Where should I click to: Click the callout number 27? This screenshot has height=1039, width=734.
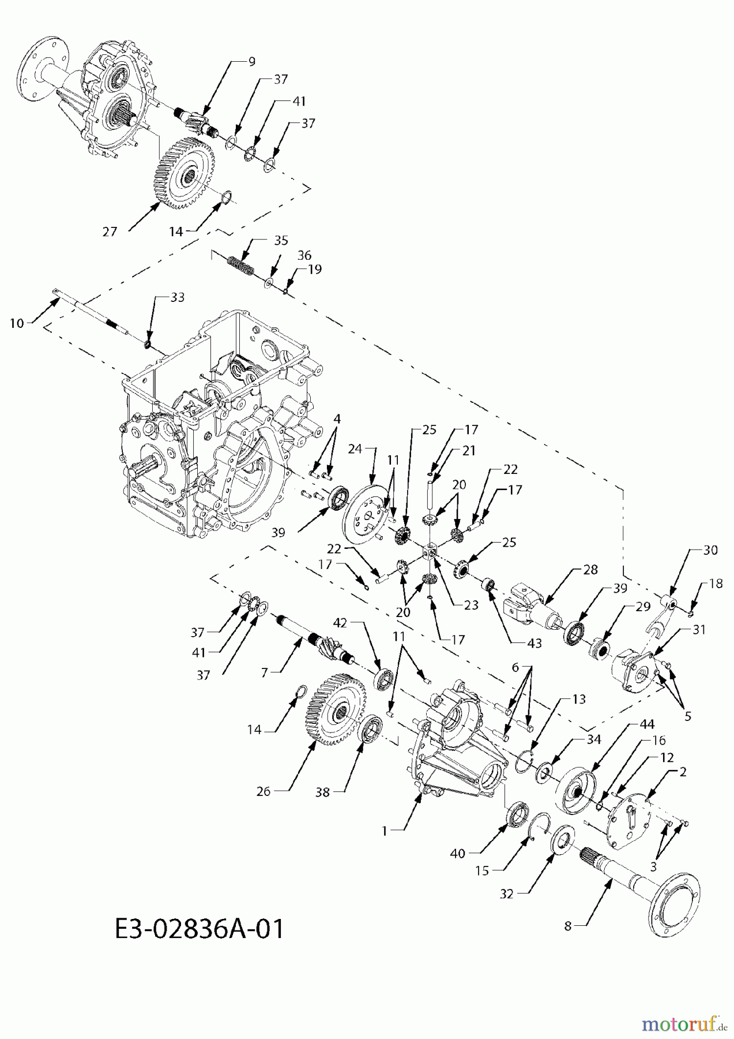(x=110, y=231)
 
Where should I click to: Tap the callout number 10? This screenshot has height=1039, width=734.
(x=17, y=323)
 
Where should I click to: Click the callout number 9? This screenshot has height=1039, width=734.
(x=252, y=61)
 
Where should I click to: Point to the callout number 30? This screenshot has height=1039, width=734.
(x=710, y=550)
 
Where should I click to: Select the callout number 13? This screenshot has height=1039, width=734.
(x=579, y=699)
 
